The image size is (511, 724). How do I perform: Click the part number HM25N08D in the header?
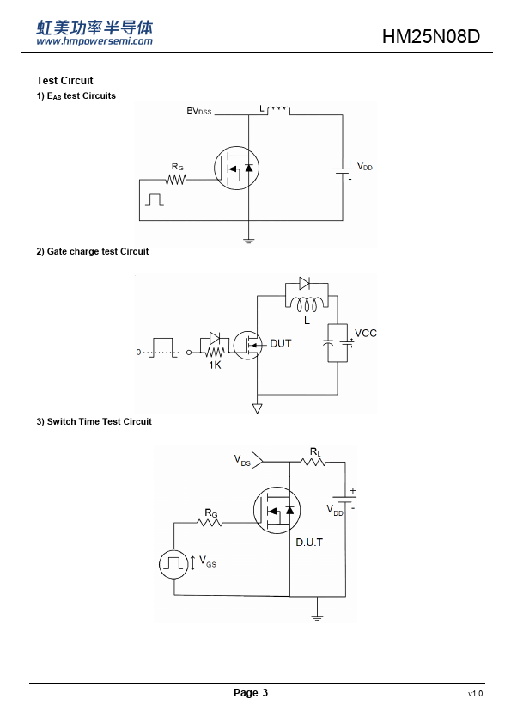[x=431, y=36]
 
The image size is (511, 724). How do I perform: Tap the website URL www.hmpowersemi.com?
[x=94, y=41]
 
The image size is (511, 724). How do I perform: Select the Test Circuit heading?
[x=64, y=80]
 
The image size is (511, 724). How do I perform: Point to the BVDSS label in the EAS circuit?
[x=198, y=111]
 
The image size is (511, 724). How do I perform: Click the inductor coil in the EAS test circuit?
[x=279, y=110]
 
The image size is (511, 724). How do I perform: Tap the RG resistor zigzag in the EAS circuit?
[x=176, y=179]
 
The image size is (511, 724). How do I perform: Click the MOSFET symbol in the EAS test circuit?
[x=236, y=168]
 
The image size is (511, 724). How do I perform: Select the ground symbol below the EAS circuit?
[x=248, y=240]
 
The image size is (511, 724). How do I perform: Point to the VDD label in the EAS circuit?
[x=364, y=166]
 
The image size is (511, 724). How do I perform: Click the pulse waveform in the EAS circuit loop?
[x=155, y=199]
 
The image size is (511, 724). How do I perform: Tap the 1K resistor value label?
[x=215, y=365]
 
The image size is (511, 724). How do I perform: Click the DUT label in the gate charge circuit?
[x=280, y=344]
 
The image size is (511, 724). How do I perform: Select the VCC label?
[x=365, y=333]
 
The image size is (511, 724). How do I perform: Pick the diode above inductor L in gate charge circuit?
[x=304, y=283]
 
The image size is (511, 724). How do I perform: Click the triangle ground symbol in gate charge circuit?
[x=258, y=408]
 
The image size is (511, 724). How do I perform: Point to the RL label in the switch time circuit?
[x=315, y=451]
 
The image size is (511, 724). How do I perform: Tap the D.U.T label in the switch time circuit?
[x=309, y=542]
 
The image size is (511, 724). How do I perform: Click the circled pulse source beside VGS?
[x=173, y=564]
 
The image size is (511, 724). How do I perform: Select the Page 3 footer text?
[x=251, y=692]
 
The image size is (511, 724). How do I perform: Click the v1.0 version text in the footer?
[x=475, y=694]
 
